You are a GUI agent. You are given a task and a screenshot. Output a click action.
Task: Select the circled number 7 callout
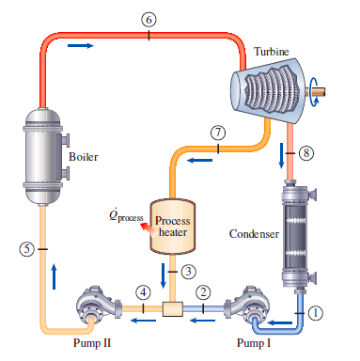click(218, 131)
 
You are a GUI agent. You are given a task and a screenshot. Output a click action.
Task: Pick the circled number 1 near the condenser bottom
click(316, 311)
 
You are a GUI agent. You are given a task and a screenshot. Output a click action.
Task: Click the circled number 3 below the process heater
click(188, 271)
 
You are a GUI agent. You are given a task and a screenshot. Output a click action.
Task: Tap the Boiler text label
click(84, 155)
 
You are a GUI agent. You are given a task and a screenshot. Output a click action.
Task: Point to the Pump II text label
click(93, 343)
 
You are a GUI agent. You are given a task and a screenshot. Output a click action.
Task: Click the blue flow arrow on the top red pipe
click(82, 44)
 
